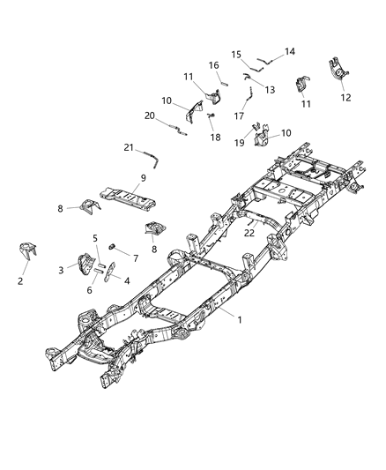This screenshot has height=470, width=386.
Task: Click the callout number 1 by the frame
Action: (241, 322)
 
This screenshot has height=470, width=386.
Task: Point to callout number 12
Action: (345, 98)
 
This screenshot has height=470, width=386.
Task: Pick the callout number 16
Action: (213, 64)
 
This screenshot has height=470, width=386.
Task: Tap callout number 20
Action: (150, 116)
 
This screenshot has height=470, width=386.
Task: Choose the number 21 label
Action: (129, 146)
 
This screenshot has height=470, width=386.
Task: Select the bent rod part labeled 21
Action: (153, 159)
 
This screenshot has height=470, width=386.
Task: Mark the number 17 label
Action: (239, 116)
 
